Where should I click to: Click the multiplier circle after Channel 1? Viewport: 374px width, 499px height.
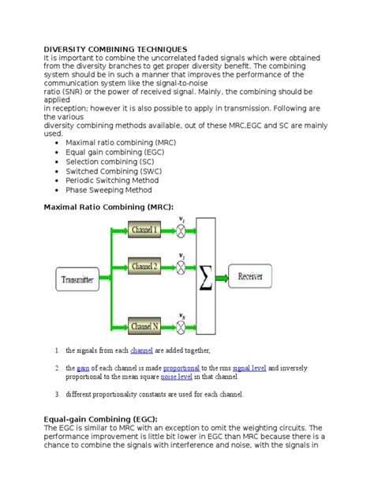[182, 229]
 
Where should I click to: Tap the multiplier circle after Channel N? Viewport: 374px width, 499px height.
[182, 325]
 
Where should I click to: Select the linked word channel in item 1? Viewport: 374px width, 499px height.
[141, 350]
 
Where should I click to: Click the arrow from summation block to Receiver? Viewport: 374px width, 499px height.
[225, 277]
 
